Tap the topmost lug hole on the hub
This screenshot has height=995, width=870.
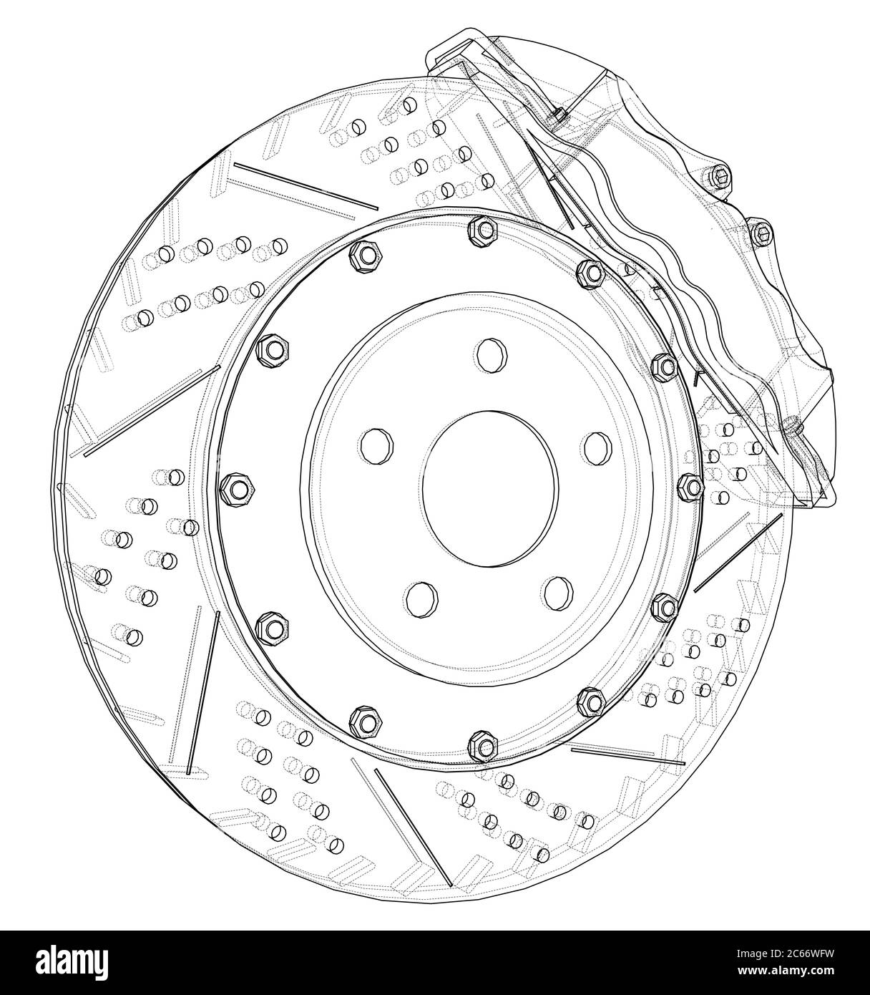coord(490,355)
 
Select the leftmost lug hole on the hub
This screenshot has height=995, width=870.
coord(376,446)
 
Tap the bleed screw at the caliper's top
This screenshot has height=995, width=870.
coord(559,115)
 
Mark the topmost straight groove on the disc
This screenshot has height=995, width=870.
coord(306,186)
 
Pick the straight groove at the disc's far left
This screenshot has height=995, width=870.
coord(152,412)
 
